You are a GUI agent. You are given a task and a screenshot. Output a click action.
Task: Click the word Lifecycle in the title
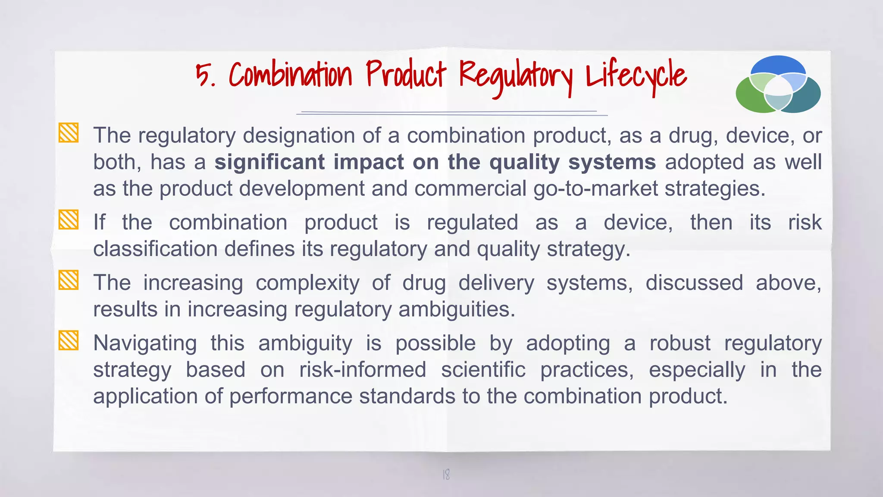coord(636,76)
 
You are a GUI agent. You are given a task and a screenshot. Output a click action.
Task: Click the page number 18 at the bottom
coord(446,475)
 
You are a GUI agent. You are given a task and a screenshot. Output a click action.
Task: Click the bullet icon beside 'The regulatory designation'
coord(69,133)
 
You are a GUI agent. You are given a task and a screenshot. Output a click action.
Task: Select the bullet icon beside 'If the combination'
coord(69,220)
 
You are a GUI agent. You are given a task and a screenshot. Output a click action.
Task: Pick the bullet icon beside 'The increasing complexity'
coord(69,280)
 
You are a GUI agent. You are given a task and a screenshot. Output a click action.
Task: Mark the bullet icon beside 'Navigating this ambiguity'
coord(69,340)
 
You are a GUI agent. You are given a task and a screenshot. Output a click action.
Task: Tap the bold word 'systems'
coord(612,162)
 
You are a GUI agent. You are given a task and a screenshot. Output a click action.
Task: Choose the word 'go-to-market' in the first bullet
coord(595,189)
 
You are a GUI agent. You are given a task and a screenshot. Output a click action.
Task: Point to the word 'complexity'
coord(307,283)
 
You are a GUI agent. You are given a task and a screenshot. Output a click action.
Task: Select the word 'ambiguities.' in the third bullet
coord(457,310)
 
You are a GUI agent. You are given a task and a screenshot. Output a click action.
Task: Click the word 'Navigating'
coord(145,344)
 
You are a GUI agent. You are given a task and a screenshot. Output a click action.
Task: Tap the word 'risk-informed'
coord(363,370)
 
